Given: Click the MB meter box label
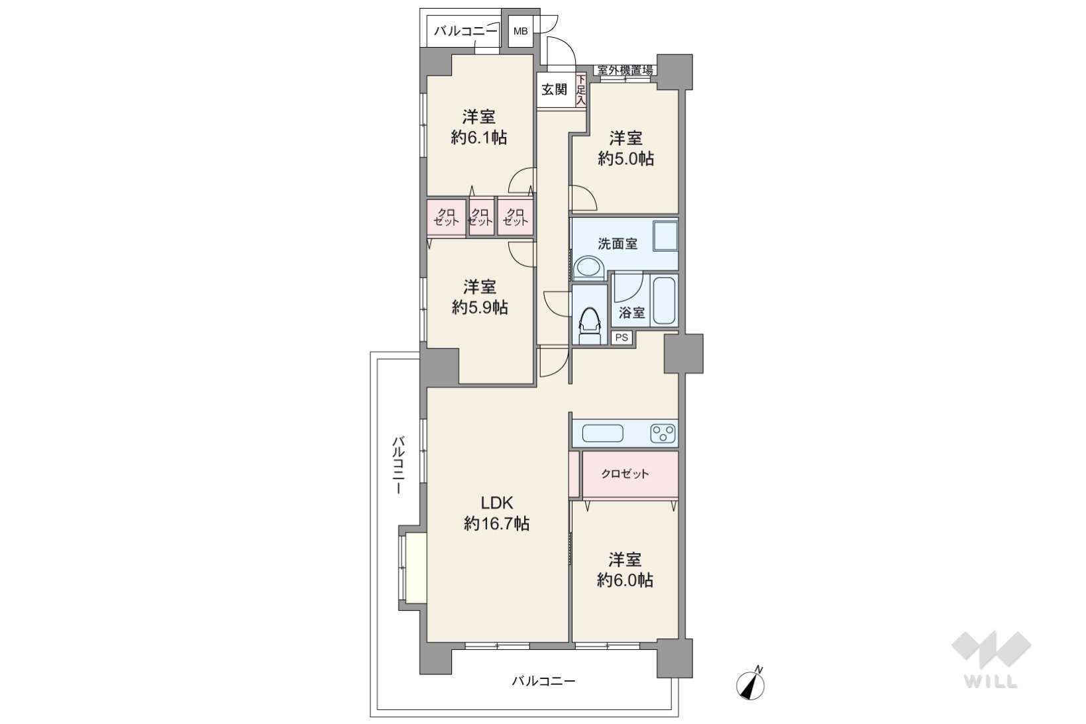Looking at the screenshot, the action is (520, 32).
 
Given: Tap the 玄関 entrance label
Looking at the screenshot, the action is (554, 89).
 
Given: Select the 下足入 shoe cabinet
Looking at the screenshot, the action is (581, 90).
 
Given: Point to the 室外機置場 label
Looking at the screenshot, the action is (625, 70).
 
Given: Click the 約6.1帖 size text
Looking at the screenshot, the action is (479, 138).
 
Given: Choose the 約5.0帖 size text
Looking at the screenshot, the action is (626, 158).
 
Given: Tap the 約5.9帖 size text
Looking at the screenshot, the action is (480, 307).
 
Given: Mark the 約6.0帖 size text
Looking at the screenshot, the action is (625, 580).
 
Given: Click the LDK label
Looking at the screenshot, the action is (496, 503).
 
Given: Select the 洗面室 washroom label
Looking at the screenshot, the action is (617, 244).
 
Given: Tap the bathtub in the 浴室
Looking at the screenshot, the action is (664, 301).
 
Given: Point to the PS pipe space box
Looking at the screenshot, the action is (622, 337).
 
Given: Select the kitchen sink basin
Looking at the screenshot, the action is (602, 433).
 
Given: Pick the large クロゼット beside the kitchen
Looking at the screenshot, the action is (630, 474).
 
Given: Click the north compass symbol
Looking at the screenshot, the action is (750, 685).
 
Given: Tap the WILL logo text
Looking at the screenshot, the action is (991, 682).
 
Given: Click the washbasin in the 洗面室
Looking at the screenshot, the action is (589, 268).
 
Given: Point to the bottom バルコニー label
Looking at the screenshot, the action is (544, 681).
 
